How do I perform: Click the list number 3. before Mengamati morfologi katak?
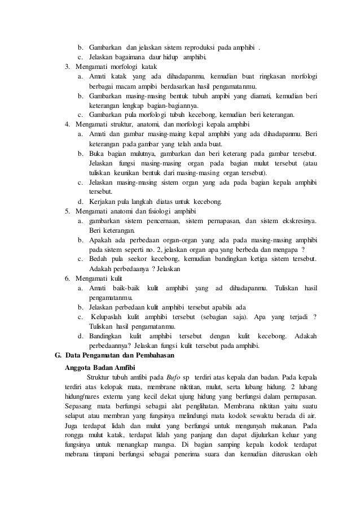tap(68, 67)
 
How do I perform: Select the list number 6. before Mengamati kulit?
tap(68, 278)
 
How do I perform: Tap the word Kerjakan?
tap(104, 201)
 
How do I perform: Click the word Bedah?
tap(99, 259)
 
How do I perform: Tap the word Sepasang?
tap(81, 407)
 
